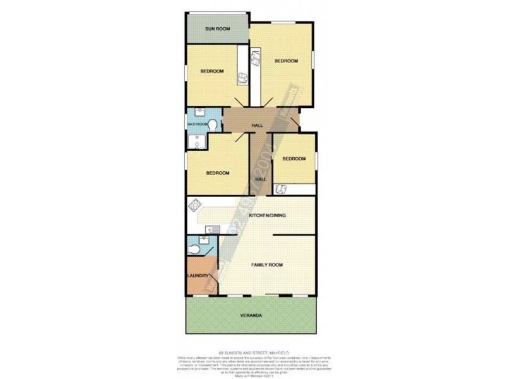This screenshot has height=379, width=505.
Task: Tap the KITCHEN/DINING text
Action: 268,216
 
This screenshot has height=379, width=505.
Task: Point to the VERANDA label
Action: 250,315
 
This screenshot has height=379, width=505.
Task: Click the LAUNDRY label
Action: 198,276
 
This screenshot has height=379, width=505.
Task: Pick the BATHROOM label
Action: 198,124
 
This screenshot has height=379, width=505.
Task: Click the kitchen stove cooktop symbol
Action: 196,206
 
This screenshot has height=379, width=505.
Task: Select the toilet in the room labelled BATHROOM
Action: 213,124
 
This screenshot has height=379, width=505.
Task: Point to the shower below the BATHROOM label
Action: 198,144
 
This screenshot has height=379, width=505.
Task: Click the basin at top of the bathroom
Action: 201,112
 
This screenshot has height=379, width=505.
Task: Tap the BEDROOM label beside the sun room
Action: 212,71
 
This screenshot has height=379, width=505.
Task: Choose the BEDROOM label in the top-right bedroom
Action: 286,61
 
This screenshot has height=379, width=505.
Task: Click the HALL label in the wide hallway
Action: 257,126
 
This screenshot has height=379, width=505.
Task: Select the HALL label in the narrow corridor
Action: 260,179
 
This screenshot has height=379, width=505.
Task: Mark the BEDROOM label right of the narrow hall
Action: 294,159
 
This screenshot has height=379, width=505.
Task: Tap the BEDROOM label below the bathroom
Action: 217,173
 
